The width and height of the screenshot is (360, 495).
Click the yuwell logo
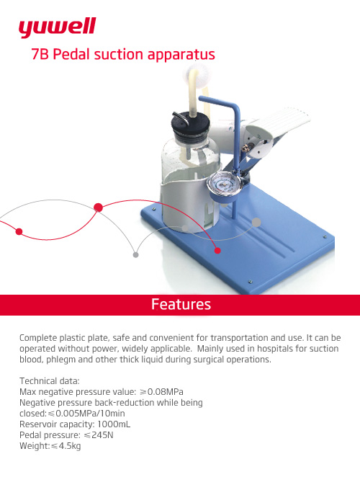[x=57, y=28]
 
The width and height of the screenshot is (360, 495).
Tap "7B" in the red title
[x=40, y=54]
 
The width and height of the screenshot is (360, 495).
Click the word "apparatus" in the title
[x=181, y=55]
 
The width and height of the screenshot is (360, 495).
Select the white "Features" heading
[x=181, y=304]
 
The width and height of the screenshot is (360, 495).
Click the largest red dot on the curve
[x=98, y=208]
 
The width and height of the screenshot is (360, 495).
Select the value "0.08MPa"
[x=166, y=392]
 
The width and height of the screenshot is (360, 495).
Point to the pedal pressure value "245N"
[x=102, y=435]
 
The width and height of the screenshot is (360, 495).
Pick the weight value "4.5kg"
[x=69, y=446]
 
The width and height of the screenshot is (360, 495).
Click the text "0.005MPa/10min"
[x=90, y=414]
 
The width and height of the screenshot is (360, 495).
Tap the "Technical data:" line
[x=50, y=381]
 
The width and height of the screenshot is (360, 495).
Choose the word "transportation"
[x=239, y=338]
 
